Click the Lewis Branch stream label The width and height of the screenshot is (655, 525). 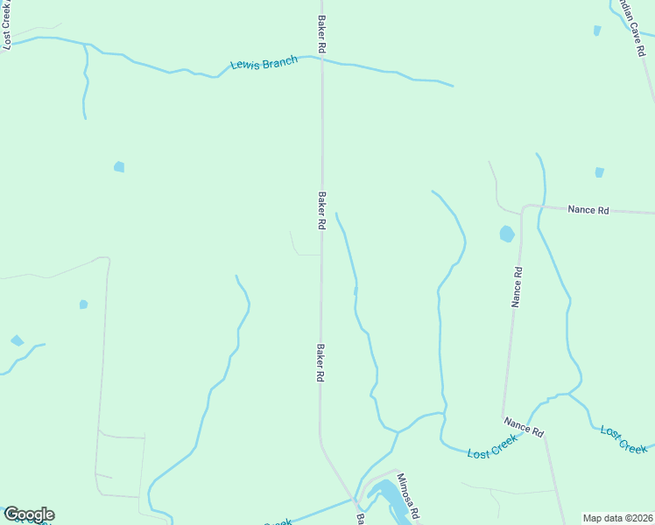(264, 63)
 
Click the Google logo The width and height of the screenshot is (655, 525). (29, 514)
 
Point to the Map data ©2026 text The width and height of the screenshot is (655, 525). (617, 518)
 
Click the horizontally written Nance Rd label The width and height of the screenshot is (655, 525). (588, 210)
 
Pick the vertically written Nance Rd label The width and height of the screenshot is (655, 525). (518, 286)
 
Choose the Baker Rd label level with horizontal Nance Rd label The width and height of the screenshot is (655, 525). (322, 210)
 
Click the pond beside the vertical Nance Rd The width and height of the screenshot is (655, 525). (506, 234)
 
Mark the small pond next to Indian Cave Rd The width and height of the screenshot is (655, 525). (597, 31)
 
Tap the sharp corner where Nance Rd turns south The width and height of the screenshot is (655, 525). (524, 207)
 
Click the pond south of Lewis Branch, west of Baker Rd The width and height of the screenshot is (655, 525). (119, 166)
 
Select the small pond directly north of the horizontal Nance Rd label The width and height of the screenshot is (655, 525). (600, 172)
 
